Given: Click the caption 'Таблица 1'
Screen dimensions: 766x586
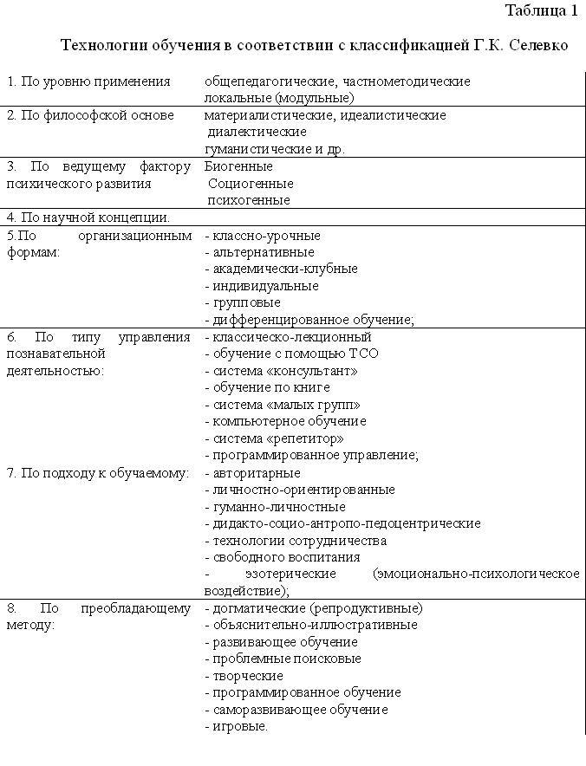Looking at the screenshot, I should coord(540,11).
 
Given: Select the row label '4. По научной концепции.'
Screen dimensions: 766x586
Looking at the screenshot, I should coord(88,217).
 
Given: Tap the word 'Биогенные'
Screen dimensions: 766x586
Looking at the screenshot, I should coord(238,166).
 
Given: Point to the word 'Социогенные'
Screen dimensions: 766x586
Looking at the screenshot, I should coord(251,184).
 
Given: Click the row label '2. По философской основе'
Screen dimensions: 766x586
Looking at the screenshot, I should coord(90,115).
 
